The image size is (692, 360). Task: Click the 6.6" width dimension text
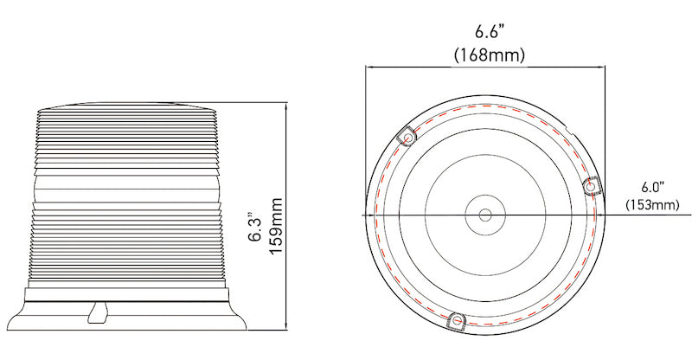[x=490, y=33]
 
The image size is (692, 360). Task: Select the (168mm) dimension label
[x=490, y=55]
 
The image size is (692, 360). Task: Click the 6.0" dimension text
[x=651, y=187]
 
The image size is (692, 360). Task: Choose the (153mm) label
[x=651, y=205]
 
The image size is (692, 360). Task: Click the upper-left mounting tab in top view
[x=407, y=137]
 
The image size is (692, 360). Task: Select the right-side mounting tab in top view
[x=593, y=186]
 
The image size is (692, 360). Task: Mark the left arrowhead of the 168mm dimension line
[x=368, y=67]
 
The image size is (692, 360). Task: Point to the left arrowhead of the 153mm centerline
[x=364, y=214]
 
